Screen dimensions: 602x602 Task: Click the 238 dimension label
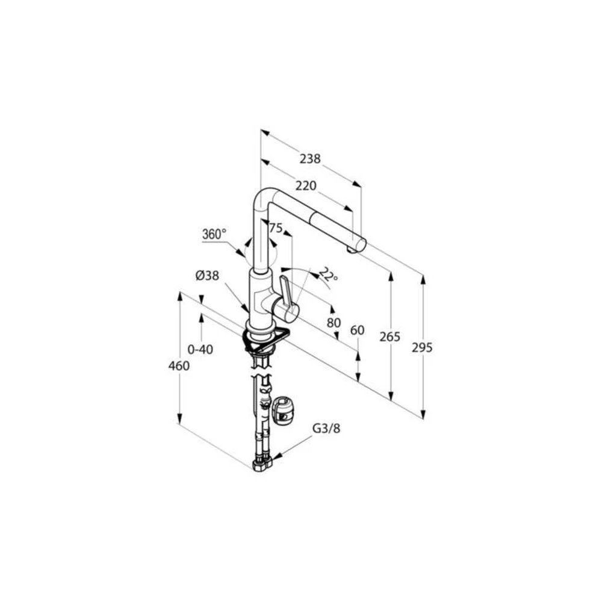click(x=310, y=158)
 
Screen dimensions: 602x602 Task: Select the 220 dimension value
click(x=306, y=186)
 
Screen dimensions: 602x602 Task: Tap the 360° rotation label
click(x=214, y=234)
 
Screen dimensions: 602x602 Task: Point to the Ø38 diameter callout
click(x=207, y=276)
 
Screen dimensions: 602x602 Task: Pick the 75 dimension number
click(x=275, y=228)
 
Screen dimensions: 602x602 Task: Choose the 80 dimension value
click(x=334, y=323)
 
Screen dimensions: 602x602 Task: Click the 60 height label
click(x=358, y=330)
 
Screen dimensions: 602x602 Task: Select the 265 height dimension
click(x=389, y=337)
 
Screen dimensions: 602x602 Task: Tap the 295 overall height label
click(x=422, y=347)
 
